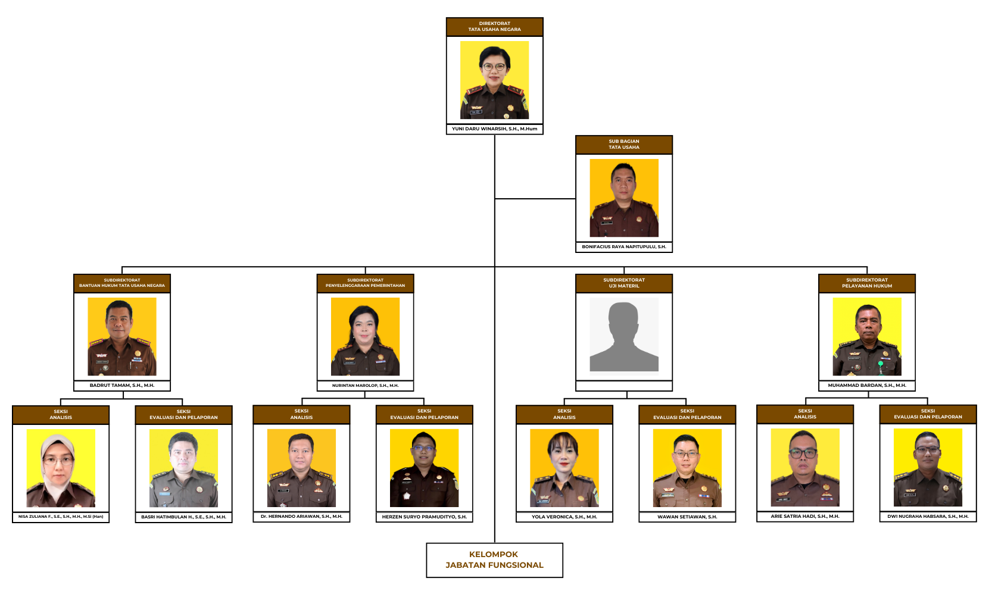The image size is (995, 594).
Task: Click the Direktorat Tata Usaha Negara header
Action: click(494, 27)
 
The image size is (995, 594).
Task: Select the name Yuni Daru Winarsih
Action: click(494, 129)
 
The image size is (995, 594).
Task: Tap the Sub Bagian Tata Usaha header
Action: click(623, 145)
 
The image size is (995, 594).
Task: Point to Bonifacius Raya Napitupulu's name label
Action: click(623, 247)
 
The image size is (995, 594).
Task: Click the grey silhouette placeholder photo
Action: click(623, 334)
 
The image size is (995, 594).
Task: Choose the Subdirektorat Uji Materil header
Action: click(623, 283)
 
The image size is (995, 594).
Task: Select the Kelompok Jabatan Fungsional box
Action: click(494, 560)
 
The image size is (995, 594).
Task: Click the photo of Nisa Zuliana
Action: click(61, 468)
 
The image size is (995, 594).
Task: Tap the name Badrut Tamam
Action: click(122, 385)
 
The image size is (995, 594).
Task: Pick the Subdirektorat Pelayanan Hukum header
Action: click(866, 283)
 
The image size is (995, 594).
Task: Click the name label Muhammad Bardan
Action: click(866, 385)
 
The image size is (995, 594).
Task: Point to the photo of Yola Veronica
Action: click(564, 468)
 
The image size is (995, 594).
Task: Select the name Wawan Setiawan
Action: click(687, 517)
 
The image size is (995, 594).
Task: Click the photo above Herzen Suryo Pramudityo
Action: click(424, 468)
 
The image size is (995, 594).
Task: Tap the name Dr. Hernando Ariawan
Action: click(302, 517)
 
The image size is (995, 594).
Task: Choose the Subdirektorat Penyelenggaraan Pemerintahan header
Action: click(365, 283)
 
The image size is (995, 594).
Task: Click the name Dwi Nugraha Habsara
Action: click(928, 516)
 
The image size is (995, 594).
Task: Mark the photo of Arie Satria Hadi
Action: click(805, 467)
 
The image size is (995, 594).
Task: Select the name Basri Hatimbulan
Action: click(183, 517)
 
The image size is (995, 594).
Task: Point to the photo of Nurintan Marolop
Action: click(365, 336)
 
